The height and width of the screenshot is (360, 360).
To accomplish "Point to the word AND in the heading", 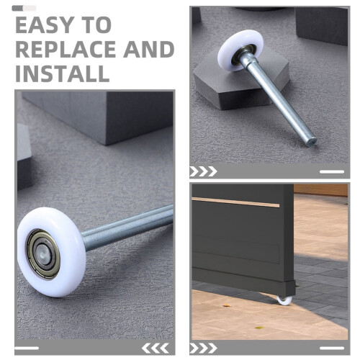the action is pos(149,50).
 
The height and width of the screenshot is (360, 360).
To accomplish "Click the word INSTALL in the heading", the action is pos(63,73).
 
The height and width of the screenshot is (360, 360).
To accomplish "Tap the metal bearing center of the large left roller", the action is pos(43,254).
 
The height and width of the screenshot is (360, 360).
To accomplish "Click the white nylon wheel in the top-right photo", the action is pos(240,50).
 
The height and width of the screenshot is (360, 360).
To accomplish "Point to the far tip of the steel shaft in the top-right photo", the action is pos(312,141).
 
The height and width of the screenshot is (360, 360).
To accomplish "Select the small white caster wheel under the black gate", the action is pos(285,300).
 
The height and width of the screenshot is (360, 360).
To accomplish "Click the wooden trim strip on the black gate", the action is pos(235,202).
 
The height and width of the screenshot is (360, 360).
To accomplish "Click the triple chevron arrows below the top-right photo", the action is pos(203,171).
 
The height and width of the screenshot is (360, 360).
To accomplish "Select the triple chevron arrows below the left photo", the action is pos(156,348).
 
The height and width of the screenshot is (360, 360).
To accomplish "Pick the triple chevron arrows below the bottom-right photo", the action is pos(203,348).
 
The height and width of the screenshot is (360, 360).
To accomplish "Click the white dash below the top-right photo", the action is pos(332,171).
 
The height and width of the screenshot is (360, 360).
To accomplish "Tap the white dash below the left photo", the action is pos(27,348).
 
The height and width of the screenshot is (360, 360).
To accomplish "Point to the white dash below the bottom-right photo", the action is pos(332,348).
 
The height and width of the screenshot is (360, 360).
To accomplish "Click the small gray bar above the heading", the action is pos(24,9).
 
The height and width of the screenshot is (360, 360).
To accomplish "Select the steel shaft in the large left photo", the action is pos(127,227).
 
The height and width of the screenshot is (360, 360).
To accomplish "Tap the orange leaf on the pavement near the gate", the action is pos(226,306).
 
